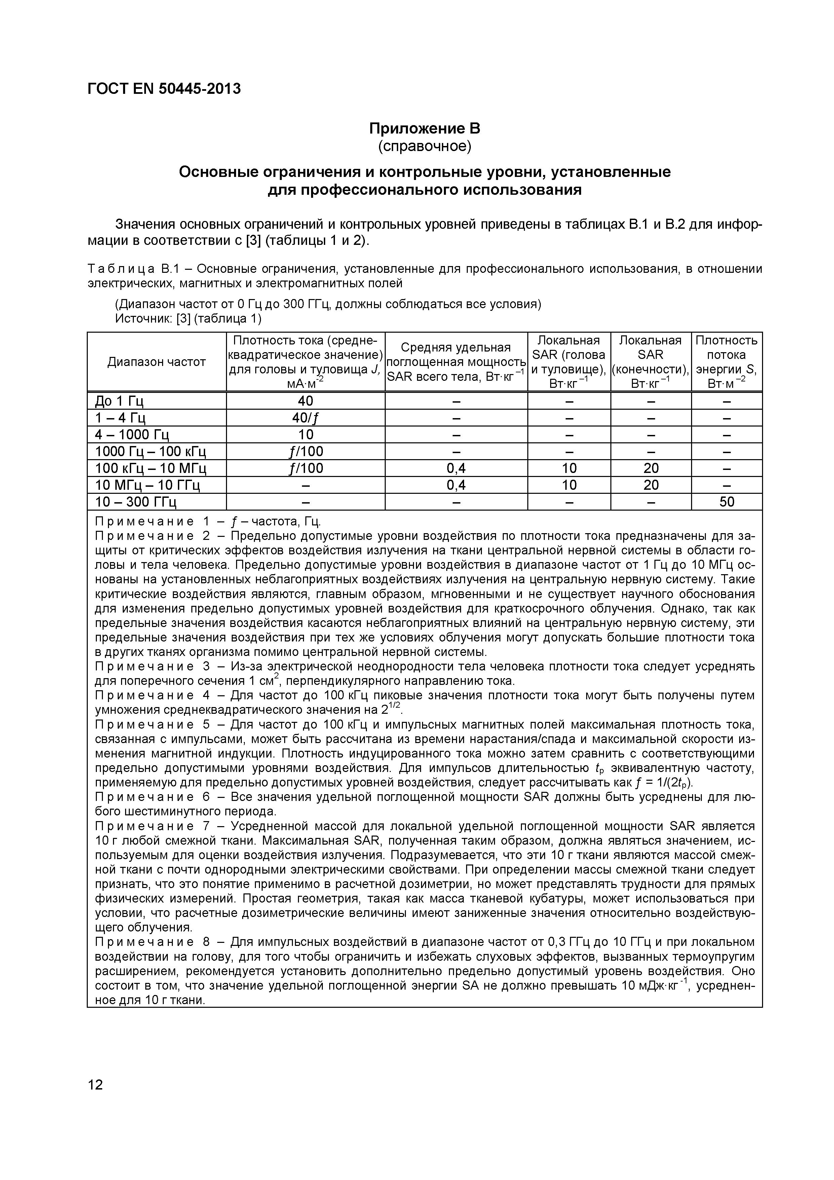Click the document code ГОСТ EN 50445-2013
164,89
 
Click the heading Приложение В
424,128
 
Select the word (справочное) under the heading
424,146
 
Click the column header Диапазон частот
157,362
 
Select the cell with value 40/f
305,418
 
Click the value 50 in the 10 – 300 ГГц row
727,502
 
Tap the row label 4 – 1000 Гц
132,435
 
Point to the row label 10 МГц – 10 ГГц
148,485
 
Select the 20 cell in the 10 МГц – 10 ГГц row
650,485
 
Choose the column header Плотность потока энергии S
727,362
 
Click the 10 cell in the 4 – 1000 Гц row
305,435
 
